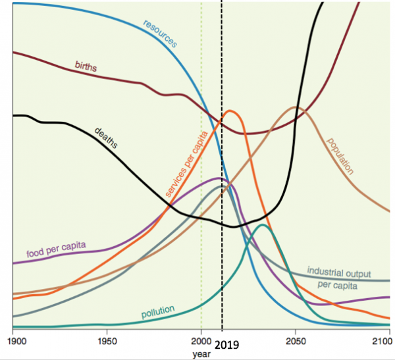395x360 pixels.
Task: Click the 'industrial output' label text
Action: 340,272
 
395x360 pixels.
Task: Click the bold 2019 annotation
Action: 227,344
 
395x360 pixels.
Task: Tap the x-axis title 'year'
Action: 201,354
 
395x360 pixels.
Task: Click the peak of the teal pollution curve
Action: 263,225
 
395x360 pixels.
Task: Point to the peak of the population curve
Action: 296,107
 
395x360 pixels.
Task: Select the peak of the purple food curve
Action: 219,178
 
